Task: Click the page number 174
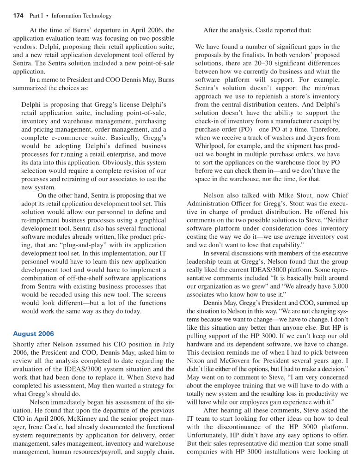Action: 18,16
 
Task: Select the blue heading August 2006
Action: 33,334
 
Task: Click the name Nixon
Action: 196,360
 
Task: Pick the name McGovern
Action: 232,360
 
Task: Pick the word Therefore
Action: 325,129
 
